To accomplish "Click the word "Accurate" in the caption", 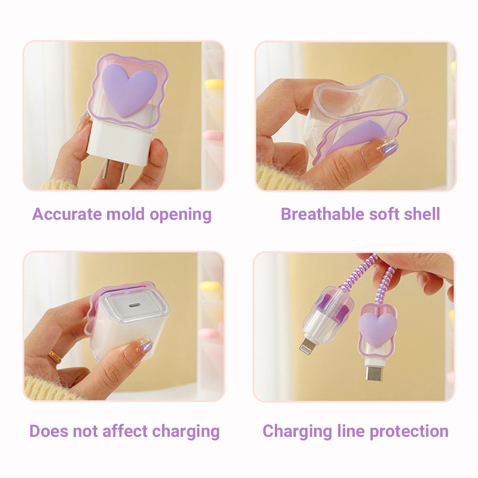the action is (67, 214).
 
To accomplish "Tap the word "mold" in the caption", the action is (125, 214).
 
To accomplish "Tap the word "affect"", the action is (125, 431).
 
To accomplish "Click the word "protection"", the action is (409, 432).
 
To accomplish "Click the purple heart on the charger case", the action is (129, 90).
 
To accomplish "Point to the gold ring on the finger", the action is (54, 357).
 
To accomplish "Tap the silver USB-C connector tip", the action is (374, 373).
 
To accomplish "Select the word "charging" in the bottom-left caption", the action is (186, 432).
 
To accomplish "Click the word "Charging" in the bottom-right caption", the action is (297, 432).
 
